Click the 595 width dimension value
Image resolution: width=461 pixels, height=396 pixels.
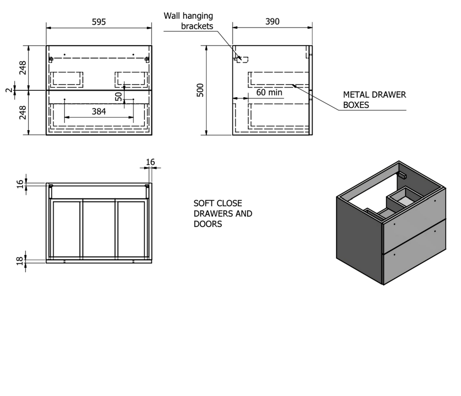tap(99, 22)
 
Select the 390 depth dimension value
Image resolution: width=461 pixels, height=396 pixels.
tap(272, 22)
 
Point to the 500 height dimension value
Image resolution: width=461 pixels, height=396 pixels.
tap(200, 90)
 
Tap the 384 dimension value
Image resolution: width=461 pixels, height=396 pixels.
tap(99, 112)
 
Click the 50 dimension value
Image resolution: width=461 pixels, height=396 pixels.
tap(118, 97)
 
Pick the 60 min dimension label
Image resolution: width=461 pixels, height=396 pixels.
tap(269, 93)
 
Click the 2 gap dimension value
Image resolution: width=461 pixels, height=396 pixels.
tap(9, 90)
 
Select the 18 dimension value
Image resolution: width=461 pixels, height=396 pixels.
tap(20, 261)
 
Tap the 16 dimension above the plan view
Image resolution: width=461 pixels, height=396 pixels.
tap(150, 162)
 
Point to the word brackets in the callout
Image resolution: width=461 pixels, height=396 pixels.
tap(197, 26)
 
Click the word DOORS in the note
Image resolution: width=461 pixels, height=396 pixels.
tap(208, 224)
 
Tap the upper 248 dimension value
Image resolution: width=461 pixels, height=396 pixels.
tap(23, 68)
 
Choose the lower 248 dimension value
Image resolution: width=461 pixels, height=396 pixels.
tap(23, 113)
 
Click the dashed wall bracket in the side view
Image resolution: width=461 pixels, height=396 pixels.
tap(243, 60)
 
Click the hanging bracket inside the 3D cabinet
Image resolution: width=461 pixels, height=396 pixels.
tap(403, 175)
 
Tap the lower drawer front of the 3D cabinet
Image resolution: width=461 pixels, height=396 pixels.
tap(415, 252)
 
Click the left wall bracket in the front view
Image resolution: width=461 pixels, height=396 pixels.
tap(51, 60)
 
